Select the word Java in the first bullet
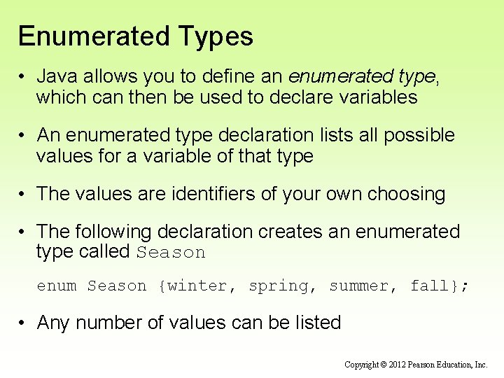point(57,76)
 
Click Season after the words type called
point(171,253)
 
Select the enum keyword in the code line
point(57,286)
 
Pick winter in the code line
point(198,286)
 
